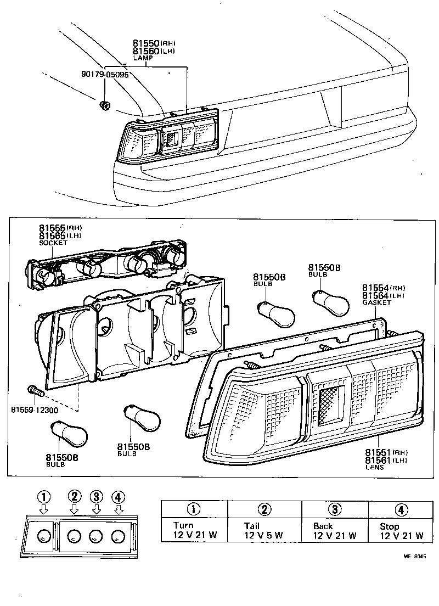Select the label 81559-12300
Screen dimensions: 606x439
[x=34, y=409]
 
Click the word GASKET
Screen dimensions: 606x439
[x=376, y=302]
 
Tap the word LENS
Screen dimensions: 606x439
[x=375, y=467]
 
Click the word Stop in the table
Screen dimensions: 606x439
[x=390, y=526]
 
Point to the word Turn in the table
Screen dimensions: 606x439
[x=183, y=525]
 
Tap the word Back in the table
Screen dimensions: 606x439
[x=323, y=526]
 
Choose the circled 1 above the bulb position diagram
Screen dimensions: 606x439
[x=44, y=497]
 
